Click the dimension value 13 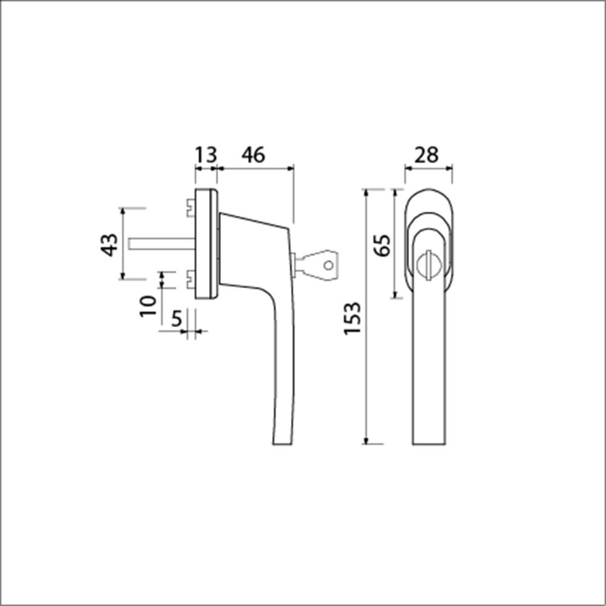[206, 155]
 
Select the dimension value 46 [254, 155]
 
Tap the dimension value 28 [426, 155]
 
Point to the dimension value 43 [109, 245]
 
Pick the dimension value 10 [148, 307]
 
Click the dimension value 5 [176, 319]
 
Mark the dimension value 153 [352, 318]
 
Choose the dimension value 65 [383, 245]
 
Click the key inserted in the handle [315, 265]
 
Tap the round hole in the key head [329, 266]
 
